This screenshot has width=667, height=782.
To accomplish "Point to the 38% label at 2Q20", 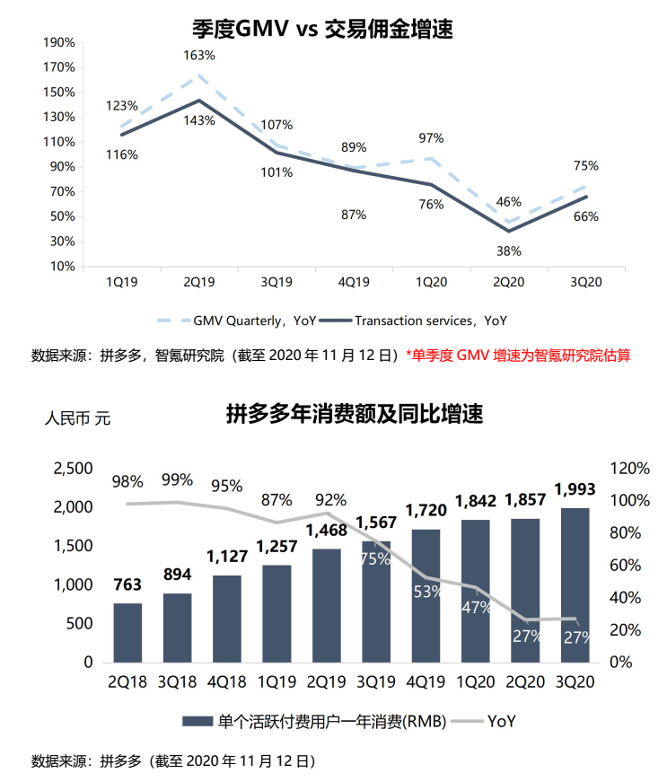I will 508,250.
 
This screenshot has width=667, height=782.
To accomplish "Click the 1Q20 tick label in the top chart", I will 431,282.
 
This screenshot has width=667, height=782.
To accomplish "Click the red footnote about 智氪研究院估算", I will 518,356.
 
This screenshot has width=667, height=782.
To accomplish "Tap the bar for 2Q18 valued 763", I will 127,632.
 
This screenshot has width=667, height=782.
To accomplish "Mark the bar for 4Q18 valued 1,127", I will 226,618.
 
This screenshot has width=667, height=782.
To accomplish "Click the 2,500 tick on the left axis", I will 74,469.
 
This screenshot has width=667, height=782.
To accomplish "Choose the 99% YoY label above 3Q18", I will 177,479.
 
